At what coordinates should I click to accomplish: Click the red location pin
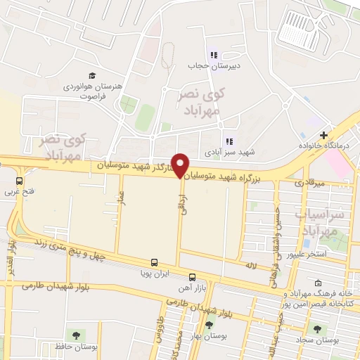point(181,165)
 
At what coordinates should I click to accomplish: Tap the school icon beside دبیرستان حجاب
point(212,55)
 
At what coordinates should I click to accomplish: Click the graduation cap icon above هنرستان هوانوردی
point(91,75)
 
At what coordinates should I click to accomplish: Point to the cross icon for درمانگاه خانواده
point(323,135)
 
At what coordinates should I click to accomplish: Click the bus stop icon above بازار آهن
point(192,276)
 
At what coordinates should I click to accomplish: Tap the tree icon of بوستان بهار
point(208,324)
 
